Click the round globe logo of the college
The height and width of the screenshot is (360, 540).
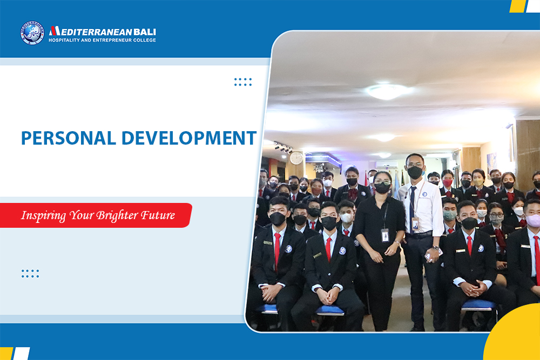tap(32, 33)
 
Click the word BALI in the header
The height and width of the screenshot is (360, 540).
tap(145, 32)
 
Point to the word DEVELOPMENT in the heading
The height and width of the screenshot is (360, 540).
tap(189, 138)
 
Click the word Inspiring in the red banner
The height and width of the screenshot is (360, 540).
tap(43, 216)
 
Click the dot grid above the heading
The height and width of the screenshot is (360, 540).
tap(243, 82)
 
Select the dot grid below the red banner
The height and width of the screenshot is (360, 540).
tap(30, 274)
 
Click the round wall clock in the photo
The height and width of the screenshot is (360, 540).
tap(296, 158)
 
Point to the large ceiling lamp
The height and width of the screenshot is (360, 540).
tap(386, 92)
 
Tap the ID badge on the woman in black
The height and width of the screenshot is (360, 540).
tap(385, 235)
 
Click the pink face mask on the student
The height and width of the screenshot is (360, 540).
tap(534, 220)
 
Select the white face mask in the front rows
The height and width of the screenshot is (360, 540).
tap(346, 218)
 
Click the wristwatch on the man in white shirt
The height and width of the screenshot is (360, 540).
tap(436, 248)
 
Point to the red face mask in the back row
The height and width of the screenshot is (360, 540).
tap(447, 183)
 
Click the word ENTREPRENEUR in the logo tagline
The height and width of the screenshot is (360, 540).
tap(110, 40)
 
